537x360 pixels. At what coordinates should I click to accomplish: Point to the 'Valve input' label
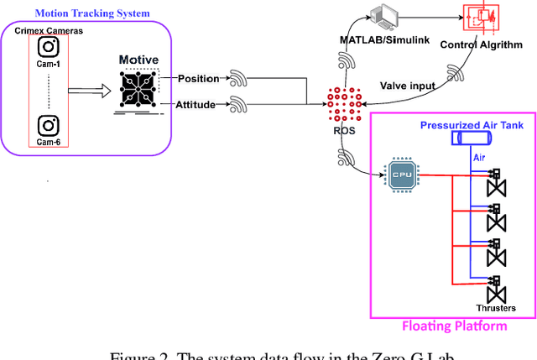click(408, 86)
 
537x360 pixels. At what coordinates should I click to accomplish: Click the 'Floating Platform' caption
click(454, 326)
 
